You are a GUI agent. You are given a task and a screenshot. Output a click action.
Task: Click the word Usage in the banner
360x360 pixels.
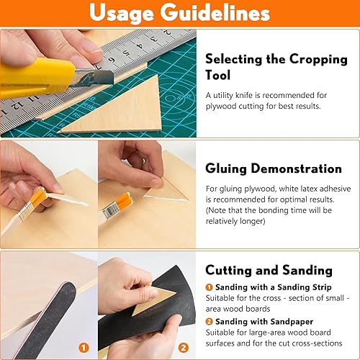tap(121, 13)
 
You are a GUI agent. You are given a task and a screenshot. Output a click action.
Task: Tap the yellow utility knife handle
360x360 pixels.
tap(36, 77)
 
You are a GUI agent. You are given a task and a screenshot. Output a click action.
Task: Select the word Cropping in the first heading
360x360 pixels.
tap(318, 59)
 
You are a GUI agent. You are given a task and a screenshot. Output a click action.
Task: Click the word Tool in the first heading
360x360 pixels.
tap(217, 75)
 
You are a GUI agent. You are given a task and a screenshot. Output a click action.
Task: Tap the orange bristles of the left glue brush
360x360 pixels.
tap(38, 197)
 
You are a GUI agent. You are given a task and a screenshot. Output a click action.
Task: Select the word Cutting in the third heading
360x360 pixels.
tap(229, 270)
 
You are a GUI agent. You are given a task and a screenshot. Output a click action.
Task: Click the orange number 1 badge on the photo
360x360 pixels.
tap(84, 348)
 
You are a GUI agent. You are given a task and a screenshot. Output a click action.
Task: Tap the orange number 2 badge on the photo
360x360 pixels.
tap(183, 348)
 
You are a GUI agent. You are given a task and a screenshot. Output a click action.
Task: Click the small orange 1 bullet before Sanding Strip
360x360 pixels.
tap(209, 287)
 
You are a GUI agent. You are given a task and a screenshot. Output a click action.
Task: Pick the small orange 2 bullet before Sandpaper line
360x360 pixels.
tap(209, 321)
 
